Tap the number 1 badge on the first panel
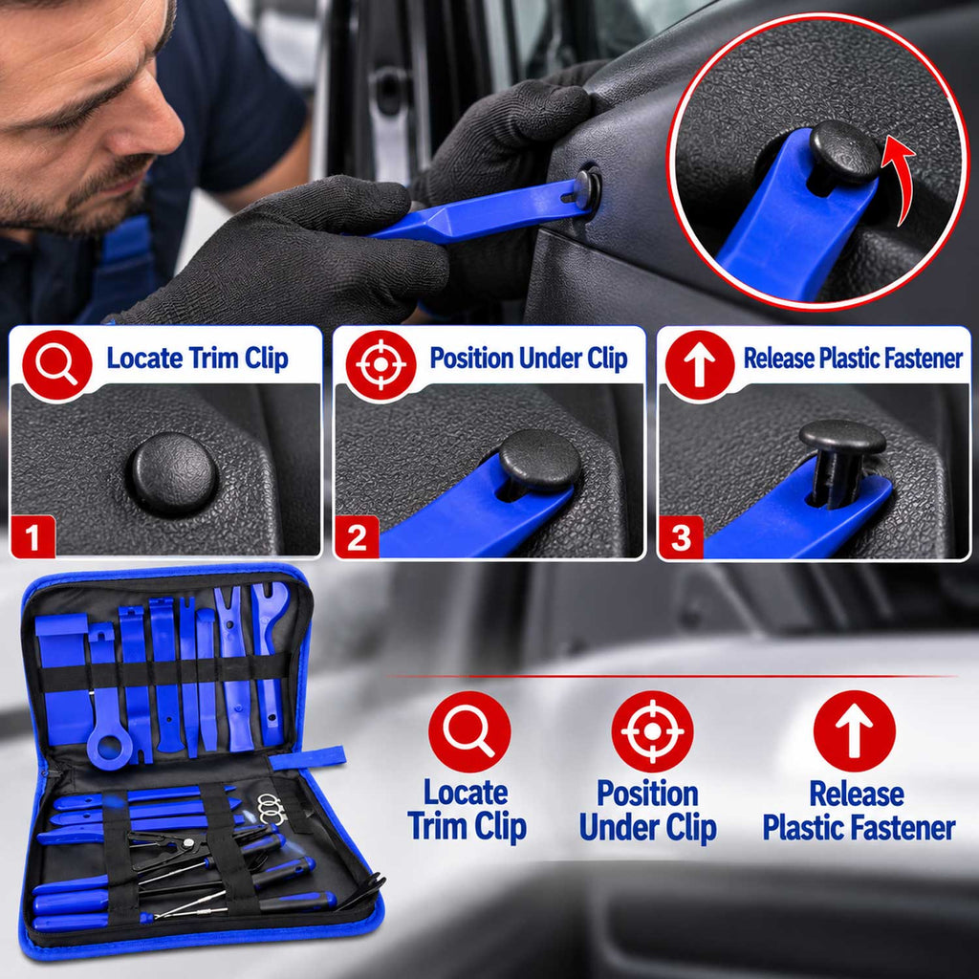click(33, 537)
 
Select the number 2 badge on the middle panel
click(357, 537)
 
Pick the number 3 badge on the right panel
click(681, 537)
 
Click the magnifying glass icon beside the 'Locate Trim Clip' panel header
click(56, 365)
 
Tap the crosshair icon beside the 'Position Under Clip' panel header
click(381, 365)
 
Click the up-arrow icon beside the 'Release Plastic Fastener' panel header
click(699, 365)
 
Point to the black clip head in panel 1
click(173, 473)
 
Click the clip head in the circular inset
click(844, 153)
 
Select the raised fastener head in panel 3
click(842, 438)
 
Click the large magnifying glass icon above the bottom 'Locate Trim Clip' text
click(469, 731)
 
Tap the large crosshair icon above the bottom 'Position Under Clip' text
click(652, 731)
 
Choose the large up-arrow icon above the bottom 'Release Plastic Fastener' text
click(854, 731)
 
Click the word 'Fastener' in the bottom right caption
click(906, 827)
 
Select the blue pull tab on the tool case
click(308, 757)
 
